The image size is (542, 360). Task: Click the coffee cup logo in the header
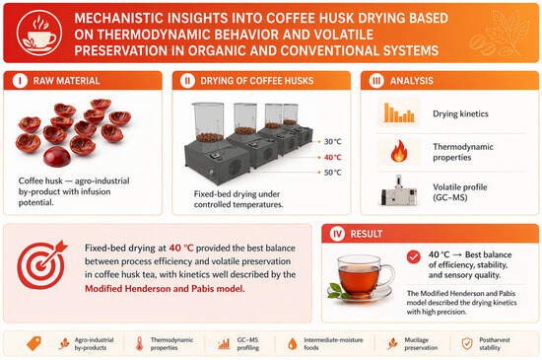39,34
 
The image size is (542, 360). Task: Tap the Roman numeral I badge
20,81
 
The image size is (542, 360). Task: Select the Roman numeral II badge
187,81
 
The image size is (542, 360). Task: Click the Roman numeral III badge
376,81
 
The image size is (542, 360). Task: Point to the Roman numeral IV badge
337,234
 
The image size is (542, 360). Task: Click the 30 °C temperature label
332,141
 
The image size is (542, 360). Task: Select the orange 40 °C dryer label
332,158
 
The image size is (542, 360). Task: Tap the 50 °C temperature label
332,173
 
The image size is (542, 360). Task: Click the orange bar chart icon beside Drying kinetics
399,112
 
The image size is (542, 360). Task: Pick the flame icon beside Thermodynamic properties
399,152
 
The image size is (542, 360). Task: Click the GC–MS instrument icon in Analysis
398,191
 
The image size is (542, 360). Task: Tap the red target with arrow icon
41,264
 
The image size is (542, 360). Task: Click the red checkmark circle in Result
414,256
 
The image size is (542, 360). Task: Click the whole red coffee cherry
57,157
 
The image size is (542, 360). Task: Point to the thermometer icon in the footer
139,344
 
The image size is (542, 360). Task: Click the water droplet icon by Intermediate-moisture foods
293,344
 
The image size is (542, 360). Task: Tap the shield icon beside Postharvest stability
467,344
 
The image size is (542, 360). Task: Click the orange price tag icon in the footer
34,344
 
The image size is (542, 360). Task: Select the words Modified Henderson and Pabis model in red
165,288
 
